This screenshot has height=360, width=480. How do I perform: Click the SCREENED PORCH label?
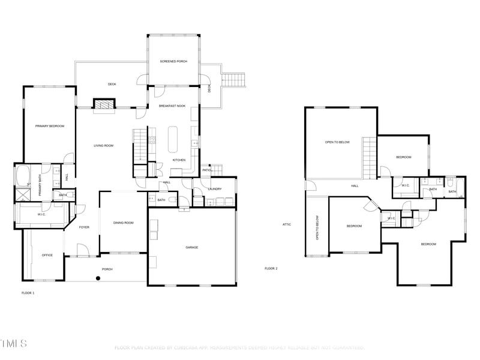172,61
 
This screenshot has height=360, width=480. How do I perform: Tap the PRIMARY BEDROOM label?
50,126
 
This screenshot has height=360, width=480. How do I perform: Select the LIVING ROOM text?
103,146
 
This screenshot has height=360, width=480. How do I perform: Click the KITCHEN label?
179,160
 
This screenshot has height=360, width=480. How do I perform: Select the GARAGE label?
191,247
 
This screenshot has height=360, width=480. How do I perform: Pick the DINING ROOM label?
123,223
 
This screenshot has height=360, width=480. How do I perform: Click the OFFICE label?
47,255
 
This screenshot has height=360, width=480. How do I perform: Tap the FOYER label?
83,227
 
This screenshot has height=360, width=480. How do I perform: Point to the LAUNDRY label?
214,189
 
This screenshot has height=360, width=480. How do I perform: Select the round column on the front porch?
98,278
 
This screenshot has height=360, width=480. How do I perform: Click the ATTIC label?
287,224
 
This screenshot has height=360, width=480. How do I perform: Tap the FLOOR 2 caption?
271,268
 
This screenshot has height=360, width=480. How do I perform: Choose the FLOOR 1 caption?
28,293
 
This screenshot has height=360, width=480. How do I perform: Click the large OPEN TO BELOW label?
337,142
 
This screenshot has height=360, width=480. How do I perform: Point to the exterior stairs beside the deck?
235,79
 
